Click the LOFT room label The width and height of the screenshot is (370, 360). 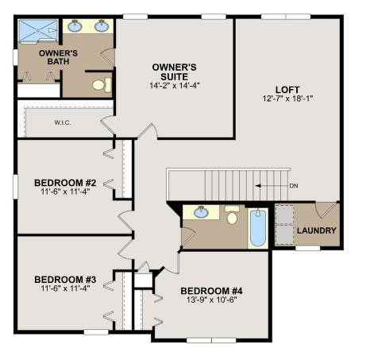287,90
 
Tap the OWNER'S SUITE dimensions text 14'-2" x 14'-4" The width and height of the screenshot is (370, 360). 174,86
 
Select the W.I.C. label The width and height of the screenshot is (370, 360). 63,123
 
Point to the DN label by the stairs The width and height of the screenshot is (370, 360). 294,186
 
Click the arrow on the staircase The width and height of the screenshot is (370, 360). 272,186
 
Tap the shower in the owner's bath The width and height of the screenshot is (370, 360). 38,31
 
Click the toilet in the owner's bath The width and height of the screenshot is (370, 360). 102,85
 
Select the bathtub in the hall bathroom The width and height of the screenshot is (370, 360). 258,228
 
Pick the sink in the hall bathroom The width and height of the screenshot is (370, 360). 201,212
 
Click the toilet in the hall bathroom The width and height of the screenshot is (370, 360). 232,215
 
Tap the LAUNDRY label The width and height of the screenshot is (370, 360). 317,230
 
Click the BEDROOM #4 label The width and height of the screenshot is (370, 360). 211,291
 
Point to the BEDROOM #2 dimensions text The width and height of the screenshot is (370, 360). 65,192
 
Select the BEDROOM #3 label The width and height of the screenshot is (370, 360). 65,280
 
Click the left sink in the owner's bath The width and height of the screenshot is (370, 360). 75,26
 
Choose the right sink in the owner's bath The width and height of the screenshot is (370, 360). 102,26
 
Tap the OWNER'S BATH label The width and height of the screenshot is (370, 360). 58,57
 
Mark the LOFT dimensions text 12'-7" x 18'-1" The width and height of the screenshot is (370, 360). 287,99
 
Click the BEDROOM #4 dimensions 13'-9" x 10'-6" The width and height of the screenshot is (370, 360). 211,300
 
